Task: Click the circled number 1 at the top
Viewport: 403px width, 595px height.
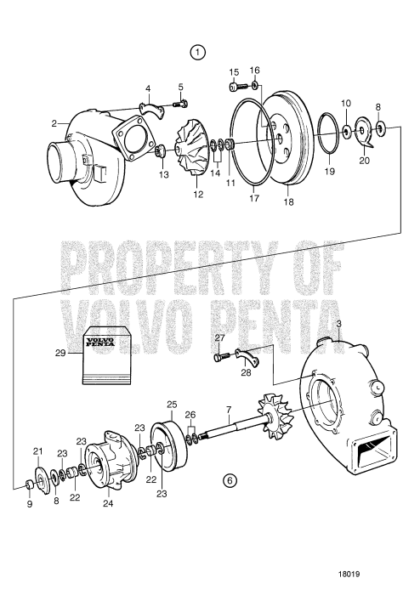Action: (197, 52)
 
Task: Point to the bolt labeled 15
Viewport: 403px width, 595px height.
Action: (235, 86)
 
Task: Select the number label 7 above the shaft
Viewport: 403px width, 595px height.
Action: (227, 409)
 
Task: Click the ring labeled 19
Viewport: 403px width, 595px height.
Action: (327, 142)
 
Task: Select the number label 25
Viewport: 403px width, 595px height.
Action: (171, 405)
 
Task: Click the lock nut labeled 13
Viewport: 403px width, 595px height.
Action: (158, 152)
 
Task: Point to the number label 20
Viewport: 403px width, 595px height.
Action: (366, 160)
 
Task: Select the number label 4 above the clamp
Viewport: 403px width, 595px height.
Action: (147, 88)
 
